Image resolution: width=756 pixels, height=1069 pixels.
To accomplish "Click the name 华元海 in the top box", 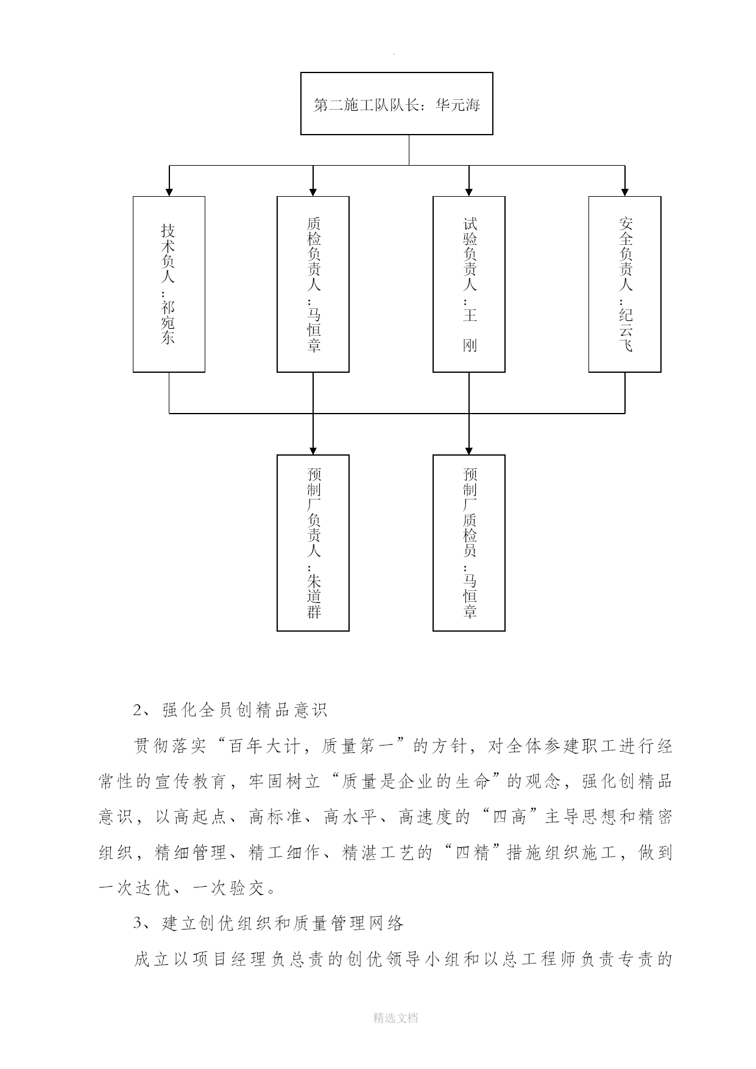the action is (458, 105).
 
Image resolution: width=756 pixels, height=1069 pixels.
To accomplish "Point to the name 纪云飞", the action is (626, 330).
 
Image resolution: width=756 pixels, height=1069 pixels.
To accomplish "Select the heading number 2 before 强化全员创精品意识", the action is (138, 710).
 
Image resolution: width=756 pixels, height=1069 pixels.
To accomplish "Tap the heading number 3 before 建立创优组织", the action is (138, 924).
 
